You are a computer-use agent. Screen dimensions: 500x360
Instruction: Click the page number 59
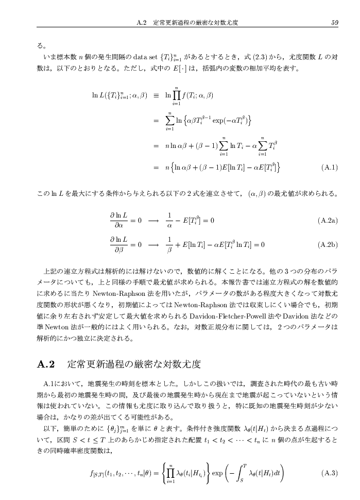[335, 22]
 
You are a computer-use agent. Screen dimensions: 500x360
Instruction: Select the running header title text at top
[193, 22]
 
